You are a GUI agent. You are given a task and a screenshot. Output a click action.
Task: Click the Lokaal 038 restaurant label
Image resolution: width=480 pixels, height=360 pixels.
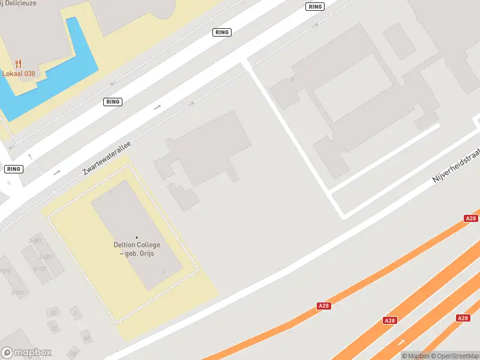(19, 73)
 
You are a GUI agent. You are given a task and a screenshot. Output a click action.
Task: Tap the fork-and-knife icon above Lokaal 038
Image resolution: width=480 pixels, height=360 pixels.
(19, 63)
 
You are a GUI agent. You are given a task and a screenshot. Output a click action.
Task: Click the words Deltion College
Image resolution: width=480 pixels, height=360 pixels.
(137, 245)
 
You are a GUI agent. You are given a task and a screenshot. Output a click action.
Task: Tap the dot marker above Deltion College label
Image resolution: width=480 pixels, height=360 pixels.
(137, 238)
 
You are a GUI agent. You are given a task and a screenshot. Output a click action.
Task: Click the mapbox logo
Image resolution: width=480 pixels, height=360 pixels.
(26, 352)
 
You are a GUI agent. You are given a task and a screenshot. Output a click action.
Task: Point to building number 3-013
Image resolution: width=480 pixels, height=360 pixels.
(18, 293)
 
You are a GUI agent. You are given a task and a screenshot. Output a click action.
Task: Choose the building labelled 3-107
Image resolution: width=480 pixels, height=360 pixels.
(40, 268)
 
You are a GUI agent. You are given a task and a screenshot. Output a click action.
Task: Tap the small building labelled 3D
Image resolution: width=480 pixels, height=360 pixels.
(53, 313)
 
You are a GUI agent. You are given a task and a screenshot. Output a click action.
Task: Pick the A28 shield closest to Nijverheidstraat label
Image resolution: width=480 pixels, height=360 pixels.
(471, 219)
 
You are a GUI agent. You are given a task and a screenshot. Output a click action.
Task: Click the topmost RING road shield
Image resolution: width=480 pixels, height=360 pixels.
(314, 7)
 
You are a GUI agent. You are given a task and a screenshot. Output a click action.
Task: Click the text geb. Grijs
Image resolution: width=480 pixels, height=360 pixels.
(137, 254)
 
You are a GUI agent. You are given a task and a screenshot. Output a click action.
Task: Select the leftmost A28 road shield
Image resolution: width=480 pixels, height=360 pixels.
(324, 306)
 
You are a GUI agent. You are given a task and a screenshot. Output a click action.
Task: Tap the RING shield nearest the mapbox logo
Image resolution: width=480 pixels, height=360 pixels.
(13, 169)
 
